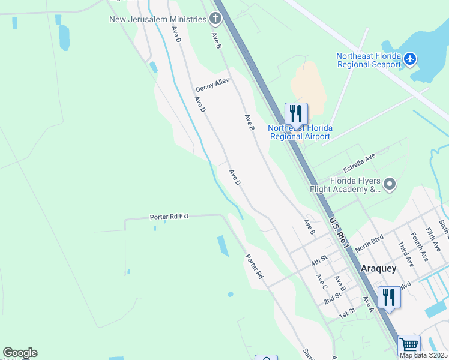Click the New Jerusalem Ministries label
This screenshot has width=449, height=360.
(x=157, y=19)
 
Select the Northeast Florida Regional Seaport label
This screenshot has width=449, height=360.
(x=369, y=60)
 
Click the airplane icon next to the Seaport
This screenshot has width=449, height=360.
(x=410, y=59)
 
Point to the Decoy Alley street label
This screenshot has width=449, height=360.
(x=212, y=85)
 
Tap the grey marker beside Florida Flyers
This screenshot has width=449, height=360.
(x=390, y=184)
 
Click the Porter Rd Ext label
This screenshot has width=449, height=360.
(x=169, y=216)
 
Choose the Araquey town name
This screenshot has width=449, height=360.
(x=378, y=269)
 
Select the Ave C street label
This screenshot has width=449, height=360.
(x=322, y=280)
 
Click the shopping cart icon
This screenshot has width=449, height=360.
(x=409, y=345)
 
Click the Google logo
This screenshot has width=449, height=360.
(x=20, y=353)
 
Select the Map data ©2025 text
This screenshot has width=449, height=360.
(x=423, y=355)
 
